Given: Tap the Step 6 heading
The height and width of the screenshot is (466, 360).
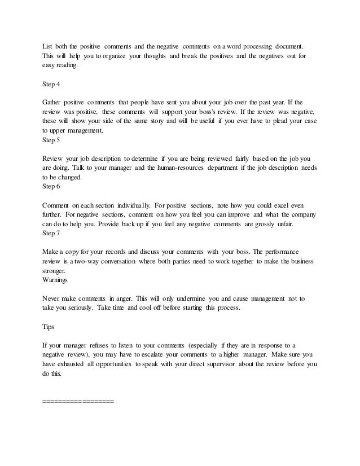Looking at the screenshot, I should pos(51,186).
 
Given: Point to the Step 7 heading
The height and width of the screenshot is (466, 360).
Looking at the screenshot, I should pos(51,232).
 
